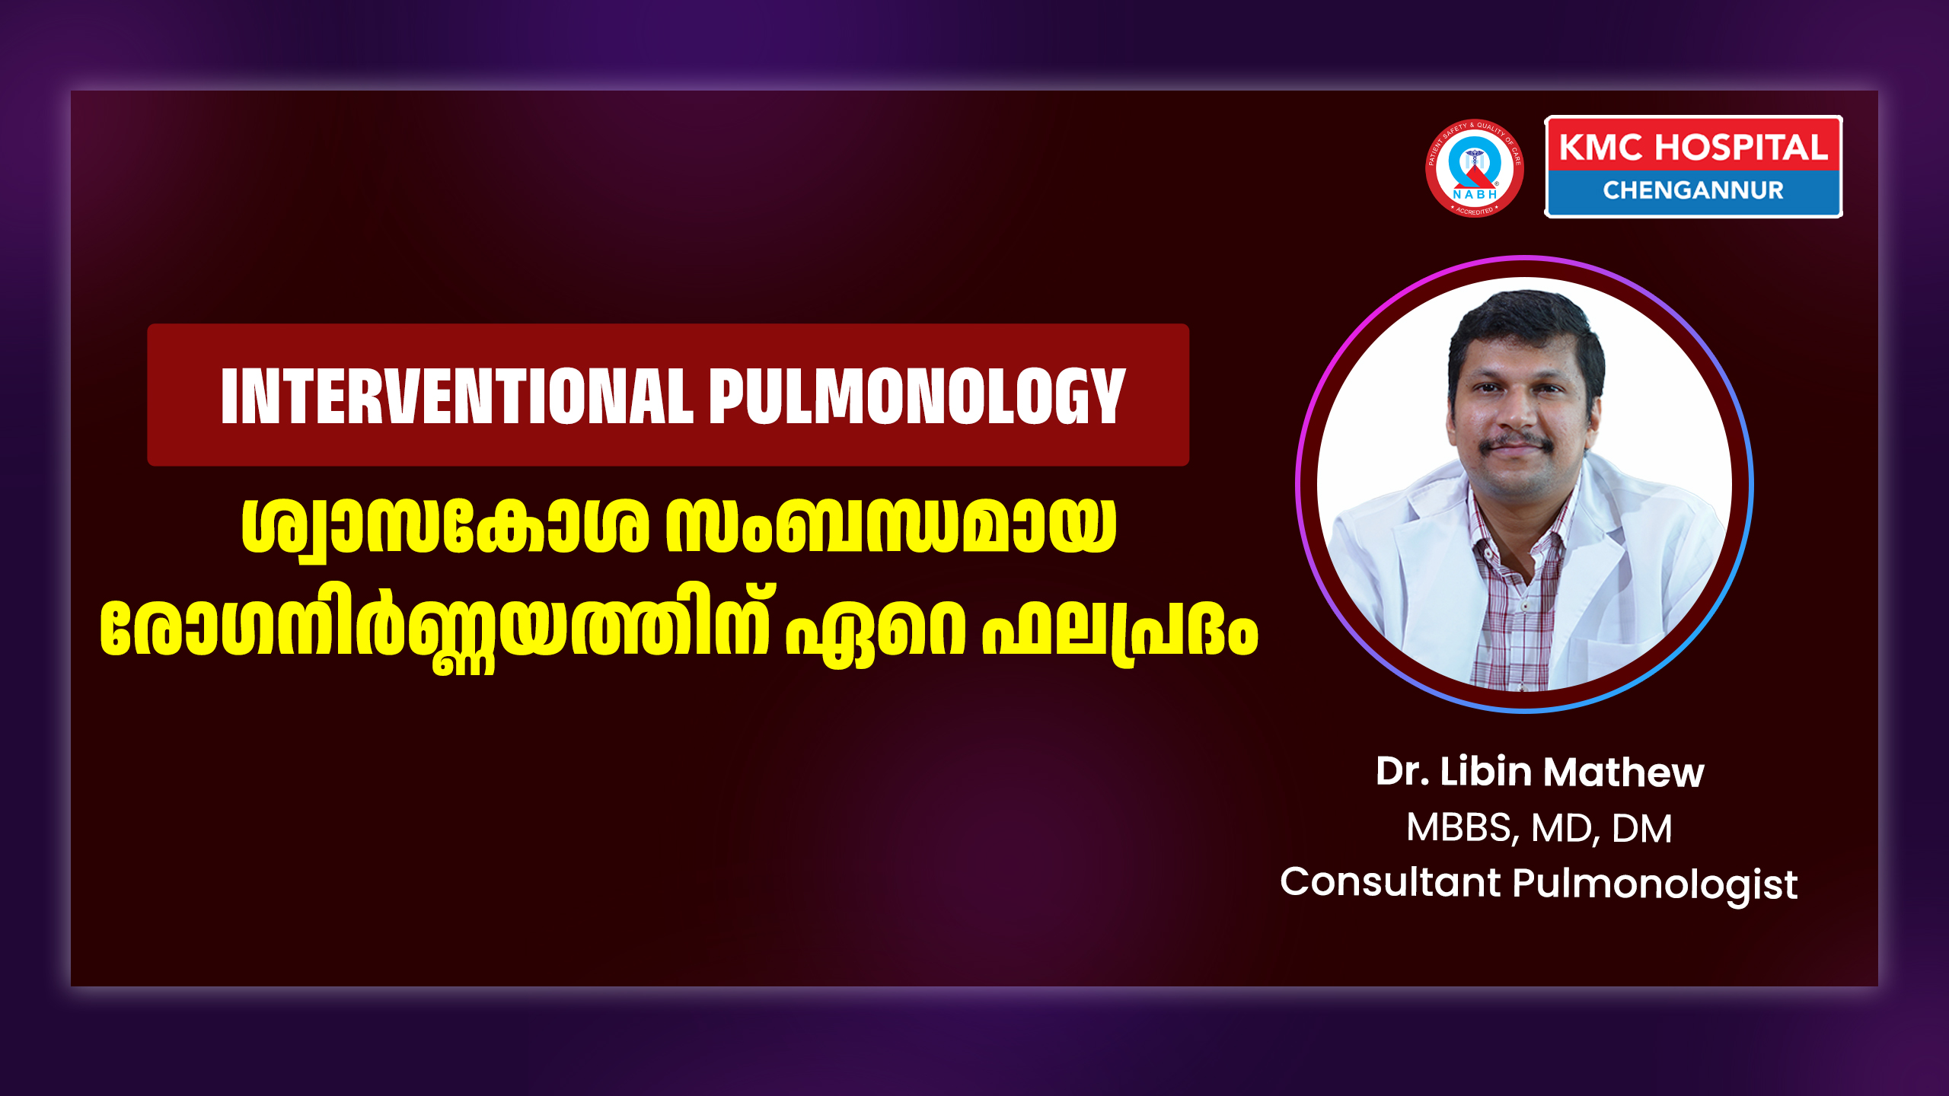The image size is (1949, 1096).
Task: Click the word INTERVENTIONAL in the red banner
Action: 457,396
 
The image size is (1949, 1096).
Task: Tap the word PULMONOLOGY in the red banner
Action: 917,396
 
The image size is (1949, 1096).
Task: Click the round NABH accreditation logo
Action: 1474,168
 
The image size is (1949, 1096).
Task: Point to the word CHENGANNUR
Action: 1693,190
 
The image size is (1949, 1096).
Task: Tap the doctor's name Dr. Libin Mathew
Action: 1539,772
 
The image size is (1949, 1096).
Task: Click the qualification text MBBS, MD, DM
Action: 1539,828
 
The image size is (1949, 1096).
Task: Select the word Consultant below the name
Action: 1390,883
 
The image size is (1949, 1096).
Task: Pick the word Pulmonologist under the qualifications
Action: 1654,885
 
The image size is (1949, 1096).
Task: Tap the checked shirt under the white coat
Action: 1515,601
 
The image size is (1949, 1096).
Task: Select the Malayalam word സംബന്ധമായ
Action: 891,525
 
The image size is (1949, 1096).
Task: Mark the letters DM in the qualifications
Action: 1642,827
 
